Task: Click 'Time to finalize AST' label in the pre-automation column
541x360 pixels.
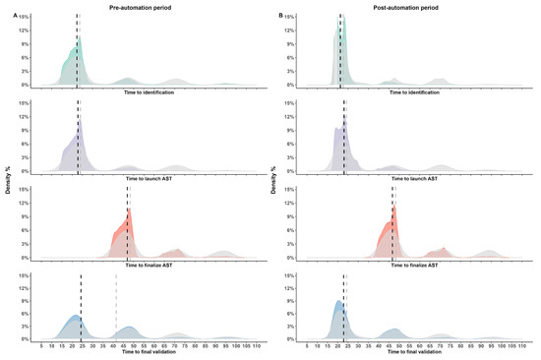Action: click(x=146, y=265)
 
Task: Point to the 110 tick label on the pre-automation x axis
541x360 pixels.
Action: click(x=256, y=346)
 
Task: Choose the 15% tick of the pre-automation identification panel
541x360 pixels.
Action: click(x=25, y=16)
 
